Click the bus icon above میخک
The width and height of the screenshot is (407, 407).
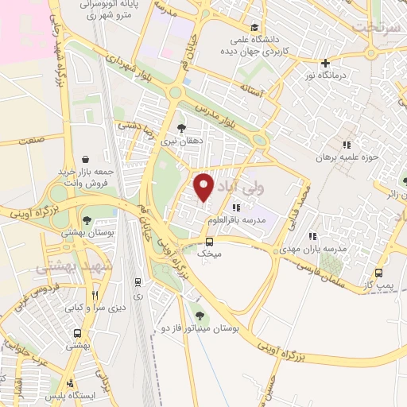click(x=209, y=241)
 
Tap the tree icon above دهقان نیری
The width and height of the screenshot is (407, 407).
click(x=181, y=127)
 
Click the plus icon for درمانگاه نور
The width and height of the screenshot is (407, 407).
click(x=324, y=63)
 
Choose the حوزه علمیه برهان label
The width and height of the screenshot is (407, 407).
click(x=344, y=157)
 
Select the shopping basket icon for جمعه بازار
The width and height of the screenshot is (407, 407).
click(x=85, y=159)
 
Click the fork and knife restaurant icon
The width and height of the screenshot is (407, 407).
click(x=95, y=293)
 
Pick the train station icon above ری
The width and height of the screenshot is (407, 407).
click(x=138, y=281)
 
